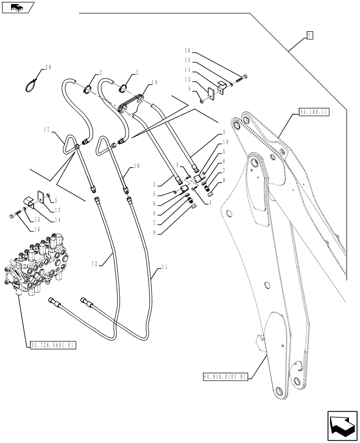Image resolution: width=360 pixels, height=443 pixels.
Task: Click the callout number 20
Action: (48, 68)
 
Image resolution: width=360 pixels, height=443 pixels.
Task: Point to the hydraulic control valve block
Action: (35, 268)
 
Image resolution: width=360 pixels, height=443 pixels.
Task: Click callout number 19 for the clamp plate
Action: (141, 82)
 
